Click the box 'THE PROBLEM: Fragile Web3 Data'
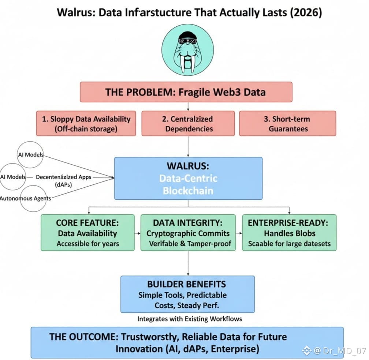(186, 92)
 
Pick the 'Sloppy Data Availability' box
(86, 124)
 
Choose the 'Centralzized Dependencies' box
(188, 124)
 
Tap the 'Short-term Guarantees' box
(288, 124)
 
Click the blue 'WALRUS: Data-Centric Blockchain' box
(188, 178)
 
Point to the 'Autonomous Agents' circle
(34, 199)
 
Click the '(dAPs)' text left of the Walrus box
(63, 185)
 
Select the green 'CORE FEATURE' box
(88, 233)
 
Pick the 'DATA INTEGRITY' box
(188, 233)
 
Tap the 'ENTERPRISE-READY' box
(289, 233)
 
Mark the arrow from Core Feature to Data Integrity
(138, 233)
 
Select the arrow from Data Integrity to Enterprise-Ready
(239, 233)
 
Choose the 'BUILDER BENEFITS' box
(187, 294)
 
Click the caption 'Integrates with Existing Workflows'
(190, 319)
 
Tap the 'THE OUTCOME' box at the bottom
(187, 342)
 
